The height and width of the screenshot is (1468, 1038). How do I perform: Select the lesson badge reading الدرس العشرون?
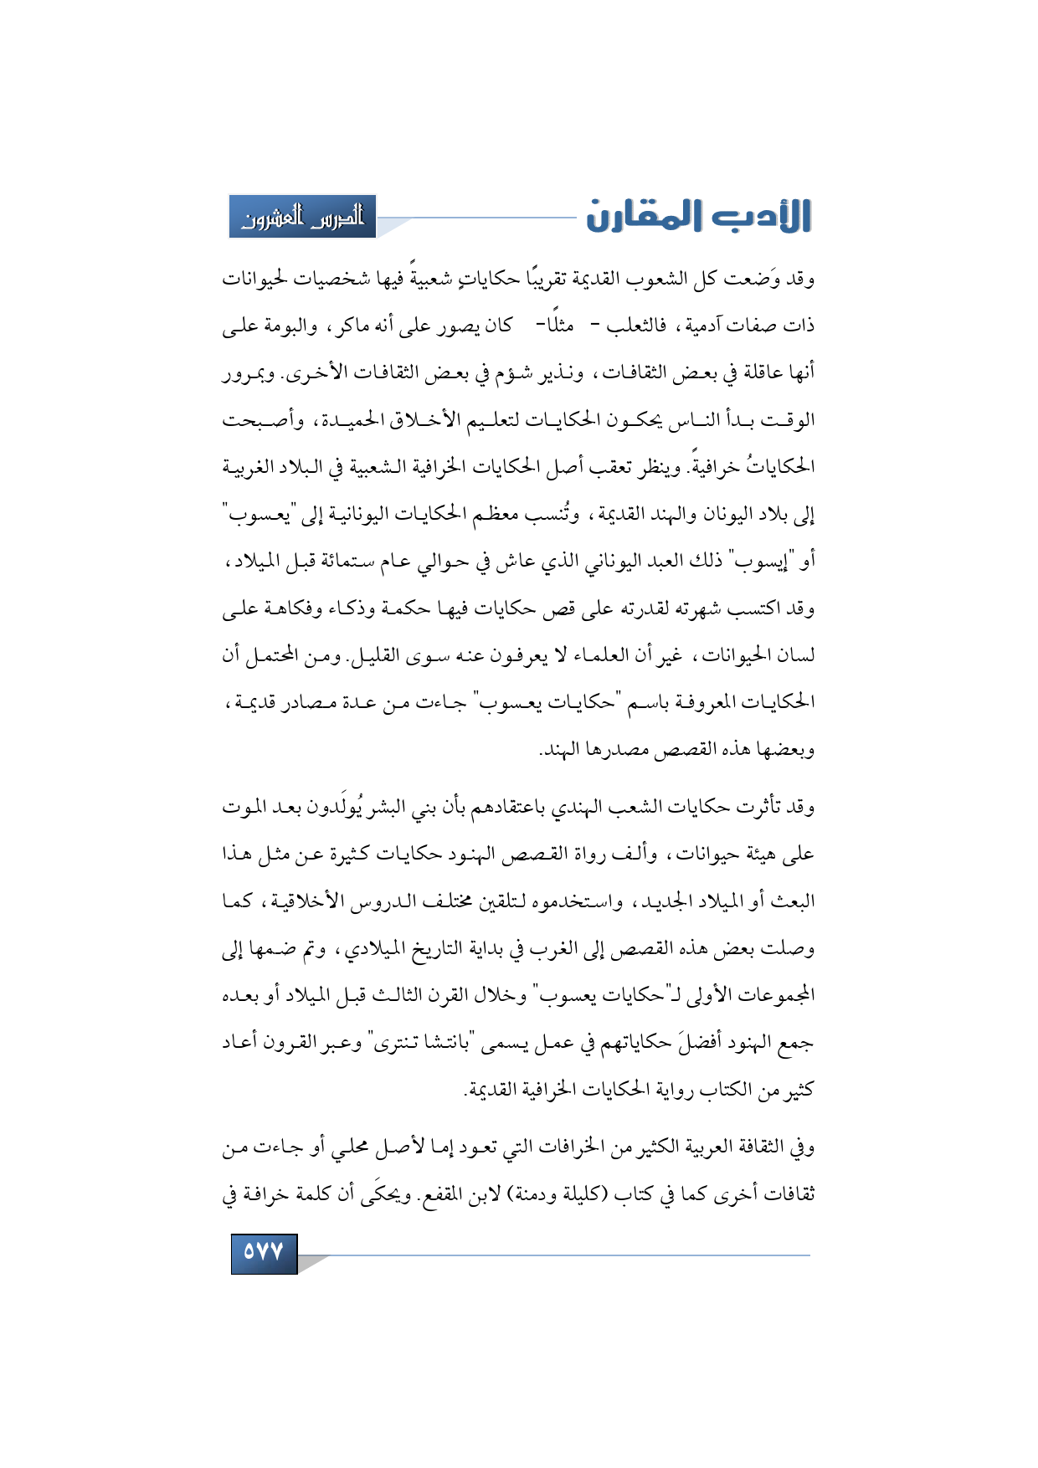point(303,217)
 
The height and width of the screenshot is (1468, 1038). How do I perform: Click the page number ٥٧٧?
point(264,1252)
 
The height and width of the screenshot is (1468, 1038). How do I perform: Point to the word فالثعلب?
point(636,326)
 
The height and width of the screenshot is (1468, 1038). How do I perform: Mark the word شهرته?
point(692,608)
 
